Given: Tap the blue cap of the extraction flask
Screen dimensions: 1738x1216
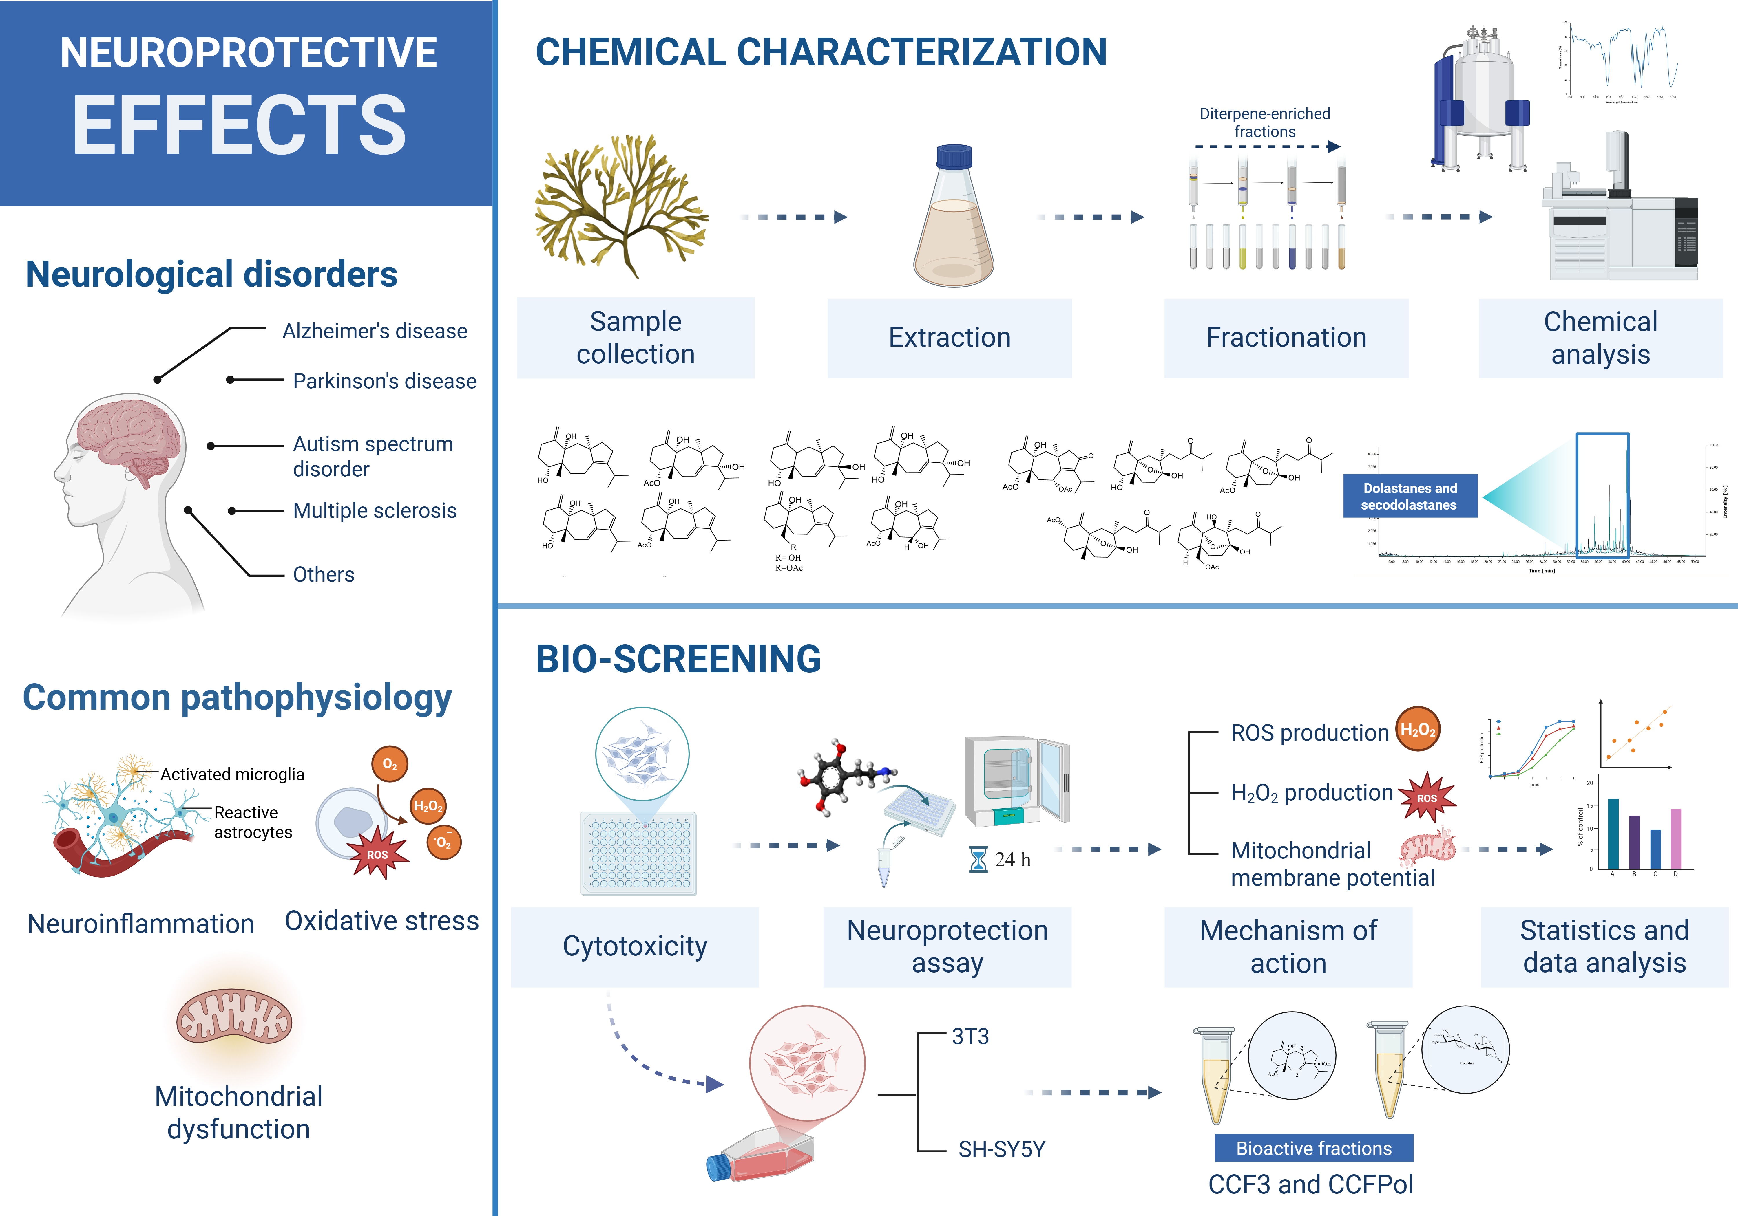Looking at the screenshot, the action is point(954,157).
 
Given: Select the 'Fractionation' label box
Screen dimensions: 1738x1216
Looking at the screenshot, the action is point(1286,338).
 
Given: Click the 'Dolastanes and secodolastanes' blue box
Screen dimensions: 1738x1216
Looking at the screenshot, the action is point(1410,496).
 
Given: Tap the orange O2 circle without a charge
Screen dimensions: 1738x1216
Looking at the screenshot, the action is point(390,764).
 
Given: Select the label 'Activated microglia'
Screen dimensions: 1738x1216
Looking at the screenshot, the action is point(232,774).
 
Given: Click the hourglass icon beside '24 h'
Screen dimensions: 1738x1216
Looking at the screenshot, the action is point(978,860).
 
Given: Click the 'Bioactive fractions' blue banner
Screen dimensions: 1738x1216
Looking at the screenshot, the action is point(1313,1148).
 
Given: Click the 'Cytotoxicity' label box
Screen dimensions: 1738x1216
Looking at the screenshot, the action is point(634,947).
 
